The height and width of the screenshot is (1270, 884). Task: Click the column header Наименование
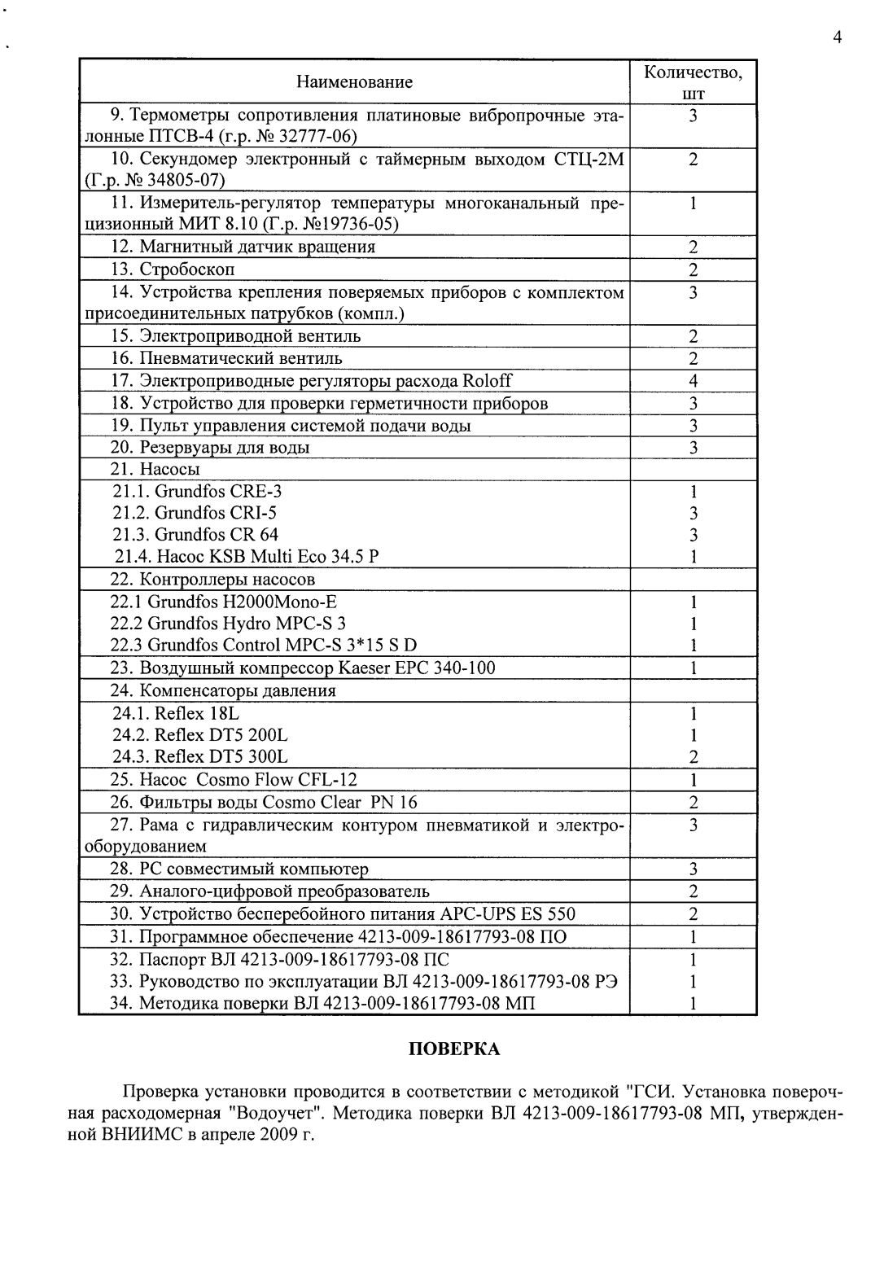[354, 81]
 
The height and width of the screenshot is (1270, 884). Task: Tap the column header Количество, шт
[693, 82]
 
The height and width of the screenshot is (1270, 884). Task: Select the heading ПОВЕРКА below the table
[453, 1049]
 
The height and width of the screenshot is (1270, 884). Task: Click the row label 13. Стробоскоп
[173, 269]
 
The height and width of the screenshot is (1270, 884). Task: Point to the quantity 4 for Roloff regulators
[693, 381]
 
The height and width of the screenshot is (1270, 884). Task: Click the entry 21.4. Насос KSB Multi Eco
[247, 557]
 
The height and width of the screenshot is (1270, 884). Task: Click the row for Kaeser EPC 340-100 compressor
[302, 668]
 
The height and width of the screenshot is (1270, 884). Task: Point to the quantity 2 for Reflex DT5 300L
[693, 757]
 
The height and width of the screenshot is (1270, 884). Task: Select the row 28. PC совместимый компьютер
[239, 869]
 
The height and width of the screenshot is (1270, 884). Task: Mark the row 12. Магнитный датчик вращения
[243, 247]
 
